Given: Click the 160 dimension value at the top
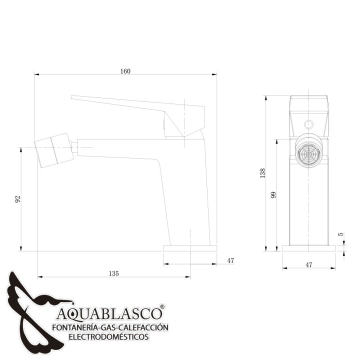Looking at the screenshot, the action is [x=125, y=71].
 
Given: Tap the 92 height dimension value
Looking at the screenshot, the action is [x=17, y=199].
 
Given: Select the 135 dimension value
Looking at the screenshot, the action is [x=113, y=273].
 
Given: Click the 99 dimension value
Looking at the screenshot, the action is [x=273, y=194].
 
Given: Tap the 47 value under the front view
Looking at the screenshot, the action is [x=309, y=264].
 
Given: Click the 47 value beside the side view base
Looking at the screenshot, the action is [x=230, y=260].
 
